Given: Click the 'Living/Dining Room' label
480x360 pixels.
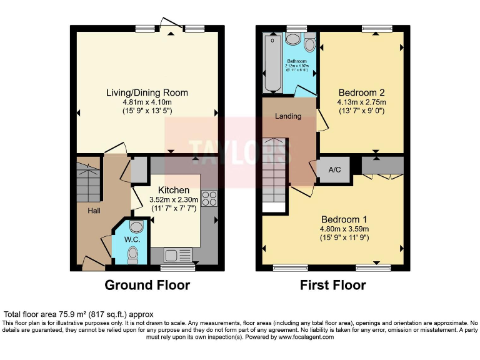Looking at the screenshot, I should [x=147, y=92].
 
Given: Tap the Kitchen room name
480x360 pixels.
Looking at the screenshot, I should [x=174, y=190].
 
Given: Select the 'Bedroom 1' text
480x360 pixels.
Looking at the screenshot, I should [x=344, y=219].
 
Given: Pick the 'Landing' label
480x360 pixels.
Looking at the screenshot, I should [x=288, y=116].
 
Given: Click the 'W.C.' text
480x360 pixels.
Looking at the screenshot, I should [x=132, y=238].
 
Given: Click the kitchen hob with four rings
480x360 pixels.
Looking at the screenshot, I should [x=209, y=198].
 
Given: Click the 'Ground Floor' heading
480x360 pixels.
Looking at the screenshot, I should [x=147, y=286].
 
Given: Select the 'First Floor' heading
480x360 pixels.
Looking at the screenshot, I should [x=333, y=286].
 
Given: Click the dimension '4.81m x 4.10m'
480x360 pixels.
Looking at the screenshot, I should [x=147, y=102].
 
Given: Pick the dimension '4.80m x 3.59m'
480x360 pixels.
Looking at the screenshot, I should [x=344, y=229].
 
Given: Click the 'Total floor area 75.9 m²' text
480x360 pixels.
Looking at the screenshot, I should [x=79, y=314].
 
